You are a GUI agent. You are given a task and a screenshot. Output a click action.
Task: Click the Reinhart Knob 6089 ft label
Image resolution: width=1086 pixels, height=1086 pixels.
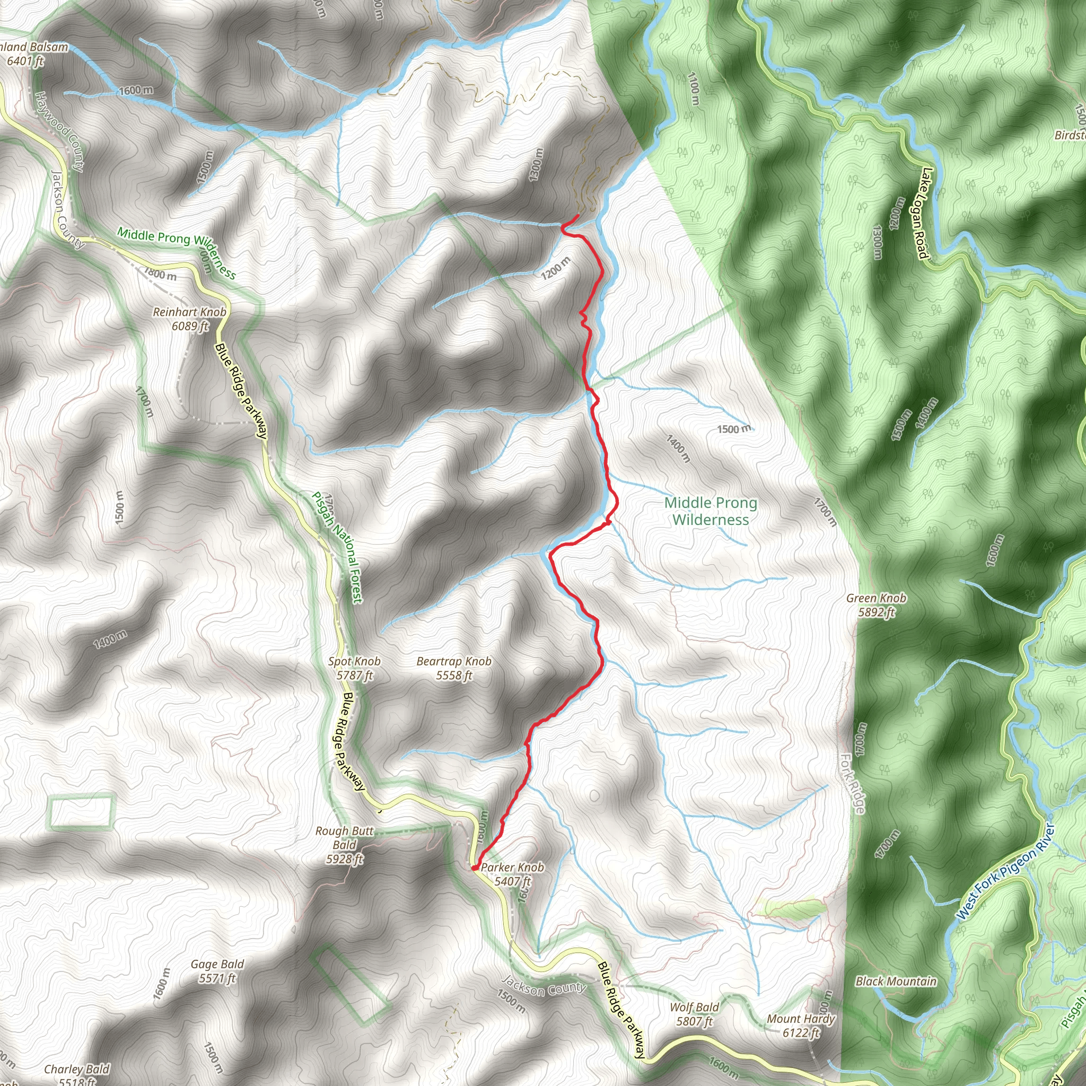(x=189, y=319)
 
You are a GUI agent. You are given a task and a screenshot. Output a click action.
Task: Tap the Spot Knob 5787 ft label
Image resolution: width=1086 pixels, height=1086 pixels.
(x=354, y=668)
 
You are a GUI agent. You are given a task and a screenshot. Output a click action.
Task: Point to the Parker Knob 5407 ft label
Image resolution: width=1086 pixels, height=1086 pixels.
(x=512, y=873)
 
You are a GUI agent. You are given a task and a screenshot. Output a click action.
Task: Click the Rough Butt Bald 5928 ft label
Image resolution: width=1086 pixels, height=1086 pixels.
(x=344, y=844)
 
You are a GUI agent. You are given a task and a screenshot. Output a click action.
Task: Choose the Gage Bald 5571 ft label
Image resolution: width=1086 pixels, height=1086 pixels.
(x=217, y=971)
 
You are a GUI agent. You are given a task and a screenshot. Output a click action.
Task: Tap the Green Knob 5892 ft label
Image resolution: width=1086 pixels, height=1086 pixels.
(x=876, y=605)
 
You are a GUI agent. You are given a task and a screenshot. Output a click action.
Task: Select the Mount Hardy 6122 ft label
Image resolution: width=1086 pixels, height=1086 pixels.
(x=801, y=1026)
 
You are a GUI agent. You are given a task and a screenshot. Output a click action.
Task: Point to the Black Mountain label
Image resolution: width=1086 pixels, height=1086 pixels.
(x=896, y=982)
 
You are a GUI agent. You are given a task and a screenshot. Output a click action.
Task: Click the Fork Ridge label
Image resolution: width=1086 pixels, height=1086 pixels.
(x=852, y=783)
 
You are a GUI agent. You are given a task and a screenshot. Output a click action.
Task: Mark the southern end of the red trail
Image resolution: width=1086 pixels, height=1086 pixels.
(x=475, y=869)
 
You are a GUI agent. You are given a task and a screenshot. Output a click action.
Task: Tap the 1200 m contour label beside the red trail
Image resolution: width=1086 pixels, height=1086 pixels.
(x=555, y=268)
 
